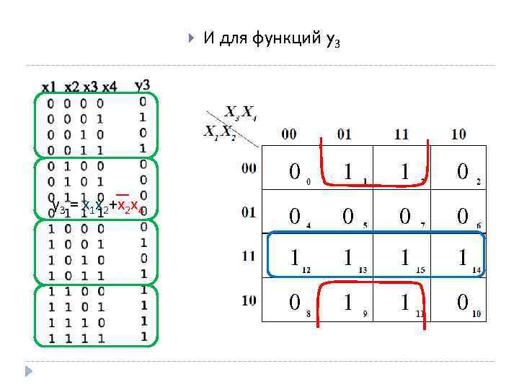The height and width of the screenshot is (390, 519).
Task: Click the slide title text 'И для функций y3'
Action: [270, 39]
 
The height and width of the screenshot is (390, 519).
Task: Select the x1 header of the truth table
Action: [49, 87]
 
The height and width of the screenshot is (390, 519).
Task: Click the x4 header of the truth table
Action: [109, 87]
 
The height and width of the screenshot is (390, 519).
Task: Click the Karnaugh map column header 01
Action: [344, 134]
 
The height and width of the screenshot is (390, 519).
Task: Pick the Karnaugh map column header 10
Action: [459, 134]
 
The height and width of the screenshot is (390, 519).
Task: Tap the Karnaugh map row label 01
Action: [249, 213]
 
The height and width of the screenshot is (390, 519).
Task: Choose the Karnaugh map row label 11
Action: [249, 256]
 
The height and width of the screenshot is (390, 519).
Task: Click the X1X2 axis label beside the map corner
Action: [218, 132]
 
